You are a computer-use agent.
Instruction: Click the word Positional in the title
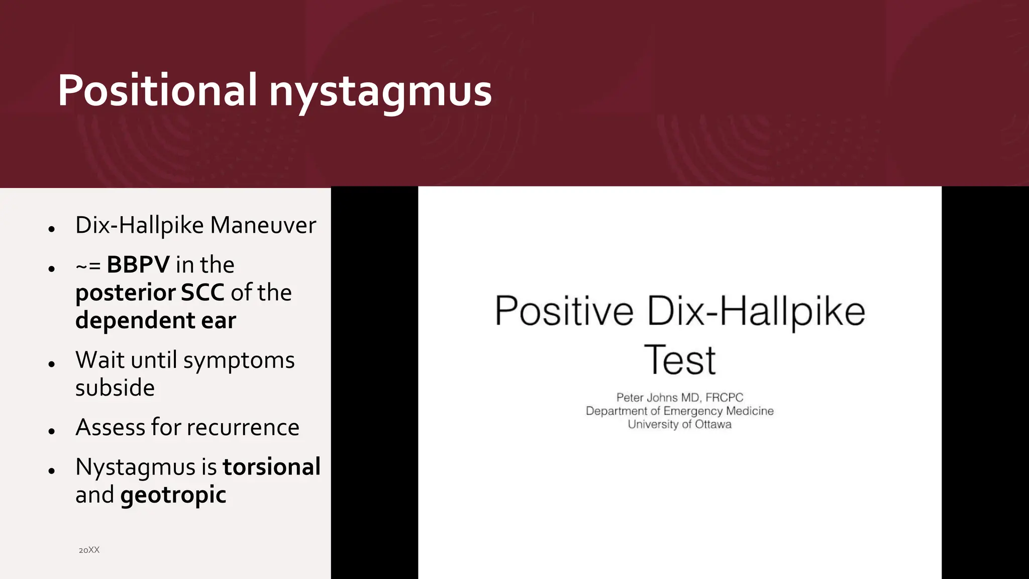click(157, 91)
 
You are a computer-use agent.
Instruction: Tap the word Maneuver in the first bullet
click(263, 225)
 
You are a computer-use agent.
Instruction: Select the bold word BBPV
click(138, 265)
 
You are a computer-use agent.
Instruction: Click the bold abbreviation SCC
click(202, 293)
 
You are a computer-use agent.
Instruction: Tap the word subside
click(115, 388)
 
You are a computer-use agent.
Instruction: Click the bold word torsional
click(271, 467)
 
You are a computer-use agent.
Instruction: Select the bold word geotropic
click(173, 496)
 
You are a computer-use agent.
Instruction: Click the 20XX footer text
click(89, 550)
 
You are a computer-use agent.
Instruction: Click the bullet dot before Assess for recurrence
click(52, 431)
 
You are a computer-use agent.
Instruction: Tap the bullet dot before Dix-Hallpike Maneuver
click(52, 229)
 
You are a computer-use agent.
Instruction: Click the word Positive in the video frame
click(564, 312)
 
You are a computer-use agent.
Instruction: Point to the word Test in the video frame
click(679, 360)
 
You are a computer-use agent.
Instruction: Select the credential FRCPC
click(724, 398)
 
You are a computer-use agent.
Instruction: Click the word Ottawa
click(713, 424)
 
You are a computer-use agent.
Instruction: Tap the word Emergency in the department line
click(693, 411)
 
